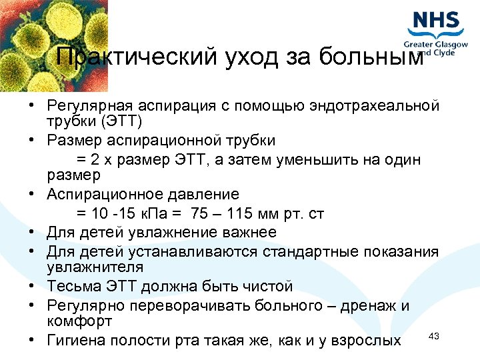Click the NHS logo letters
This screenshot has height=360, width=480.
pos(436,20)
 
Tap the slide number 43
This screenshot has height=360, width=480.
pos(433,336)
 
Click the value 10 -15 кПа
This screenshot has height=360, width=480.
pos(133,214)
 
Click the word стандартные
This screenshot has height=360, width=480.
pos(305,252)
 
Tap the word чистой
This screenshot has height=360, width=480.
pos(267,287)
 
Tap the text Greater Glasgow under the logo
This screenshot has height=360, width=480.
pos(437,45)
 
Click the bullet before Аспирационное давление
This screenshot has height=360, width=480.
pos(31,195)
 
